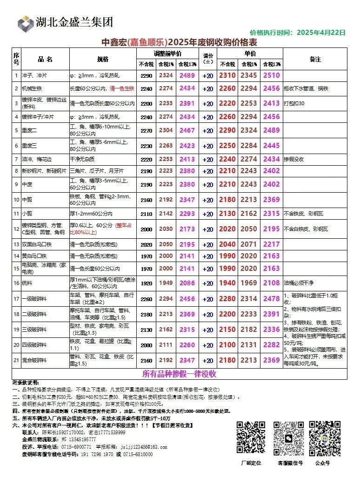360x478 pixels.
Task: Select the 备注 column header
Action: [315, 59]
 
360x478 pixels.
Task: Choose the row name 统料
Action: [29, 283]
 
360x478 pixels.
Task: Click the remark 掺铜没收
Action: [294, 159]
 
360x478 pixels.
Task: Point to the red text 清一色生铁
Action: [122, 88]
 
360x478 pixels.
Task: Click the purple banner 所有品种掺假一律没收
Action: [180, 374]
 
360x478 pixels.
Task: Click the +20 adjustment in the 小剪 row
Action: [208, 214]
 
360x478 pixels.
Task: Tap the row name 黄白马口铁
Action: [34, 256]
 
